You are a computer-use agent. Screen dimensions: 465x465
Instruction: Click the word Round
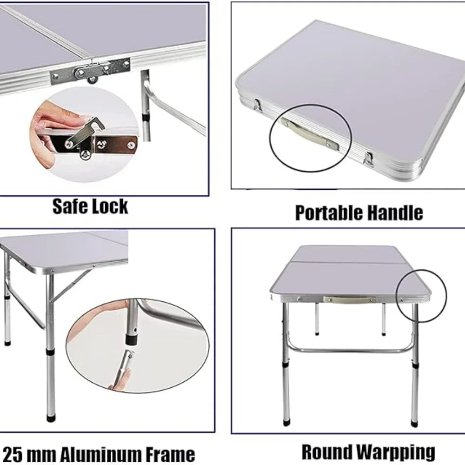327,452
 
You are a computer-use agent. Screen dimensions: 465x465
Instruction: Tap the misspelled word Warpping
395,452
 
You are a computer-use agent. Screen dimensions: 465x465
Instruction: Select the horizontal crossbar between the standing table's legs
351,350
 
